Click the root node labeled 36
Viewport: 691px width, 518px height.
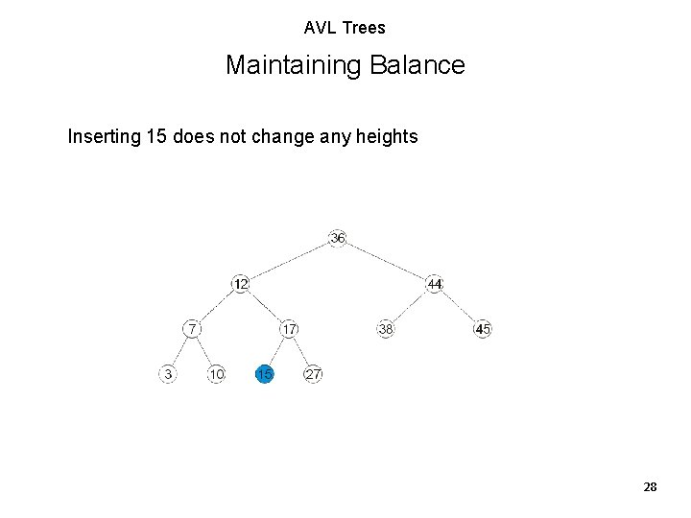pyautogui.click(x=337, y=238)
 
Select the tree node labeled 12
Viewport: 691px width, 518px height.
pyautogui.click(x=241, y=284)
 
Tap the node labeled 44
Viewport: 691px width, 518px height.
pyautogui.click(x=435, y=284)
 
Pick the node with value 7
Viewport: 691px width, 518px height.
pyautogui.click(x=192, y=329)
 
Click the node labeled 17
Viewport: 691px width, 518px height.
pyautogui.click(x=289, y=329)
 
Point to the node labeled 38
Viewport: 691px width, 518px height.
pyautogui.click(x=386, y=329)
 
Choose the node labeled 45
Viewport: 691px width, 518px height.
pyautogui.click(x=483, y=329)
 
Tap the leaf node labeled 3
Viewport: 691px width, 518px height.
pyautogui.click(x=168, y=374)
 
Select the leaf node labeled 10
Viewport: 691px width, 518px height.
pyautogui.click(x=216, y=374)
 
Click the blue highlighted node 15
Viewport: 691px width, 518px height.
pyautogui.click(x=264, y=374)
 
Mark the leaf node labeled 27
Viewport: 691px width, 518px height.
pyautogui.click(x=313, y=374)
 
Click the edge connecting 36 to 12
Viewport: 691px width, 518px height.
pyautogui.click(x=289, y=261)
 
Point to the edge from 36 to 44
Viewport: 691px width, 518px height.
pyautogui.click(x=386, y=261)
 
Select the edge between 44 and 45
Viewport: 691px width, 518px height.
pyautogui.click(x=459, y=306)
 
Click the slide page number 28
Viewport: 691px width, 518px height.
pyautogui.click(x=650, y=487)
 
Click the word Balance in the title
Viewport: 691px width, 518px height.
pyautogui.click(x=421, y=65)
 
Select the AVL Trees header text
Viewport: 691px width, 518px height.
pyautogui.click(x=345, y=28)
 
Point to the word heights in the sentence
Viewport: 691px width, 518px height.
pyautogui.click(x=386, y=137)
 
